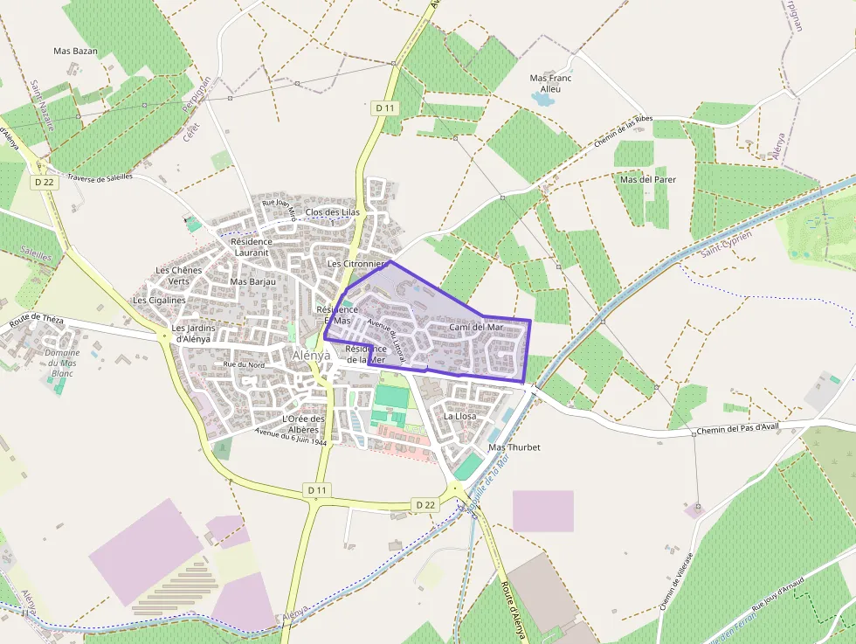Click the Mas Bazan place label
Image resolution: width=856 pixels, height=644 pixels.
pyautogui.click(x=75, y=52)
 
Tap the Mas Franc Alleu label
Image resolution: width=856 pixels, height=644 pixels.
pyautogui.click(x=550, y=83)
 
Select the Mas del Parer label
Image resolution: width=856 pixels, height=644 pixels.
pyautogui.click(x=647, y=179)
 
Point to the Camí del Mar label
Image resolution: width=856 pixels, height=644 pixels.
pyautogui.click(x=476, y=328)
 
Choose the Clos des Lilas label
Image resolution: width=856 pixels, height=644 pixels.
pyautogui.click(x=333, y=212)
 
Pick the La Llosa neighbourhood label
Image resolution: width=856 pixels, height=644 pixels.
pyautogui.click(x=459, y=416)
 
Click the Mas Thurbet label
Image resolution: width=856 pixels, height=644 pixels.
pyautogui.click(x=514, y=447)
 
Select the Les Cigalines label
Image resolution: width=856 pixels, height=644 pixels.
pyautogui.click(x=159, y=300)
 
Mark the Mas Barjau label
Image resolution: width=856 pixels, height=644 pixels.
pyautogui.click(x=252, y=282)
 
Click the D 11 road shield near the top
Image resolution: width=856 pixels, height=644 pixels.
pyautogui.click(x=384, y=107)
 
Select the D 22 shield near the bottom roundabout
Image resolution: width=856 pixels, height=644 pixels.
pyautogui.click(x=425, y=505)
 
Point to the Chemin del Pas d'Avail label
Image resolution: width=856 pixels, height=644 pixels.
pyautogui.click(x=737, y=427)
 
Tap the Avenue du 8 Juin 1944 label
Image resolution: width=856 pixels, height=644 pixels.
pyautogui.click(x=291, y=438)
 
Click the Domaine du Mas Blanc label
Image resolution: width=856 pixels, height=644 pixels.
pyautogui.click(x=62, y=363)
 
